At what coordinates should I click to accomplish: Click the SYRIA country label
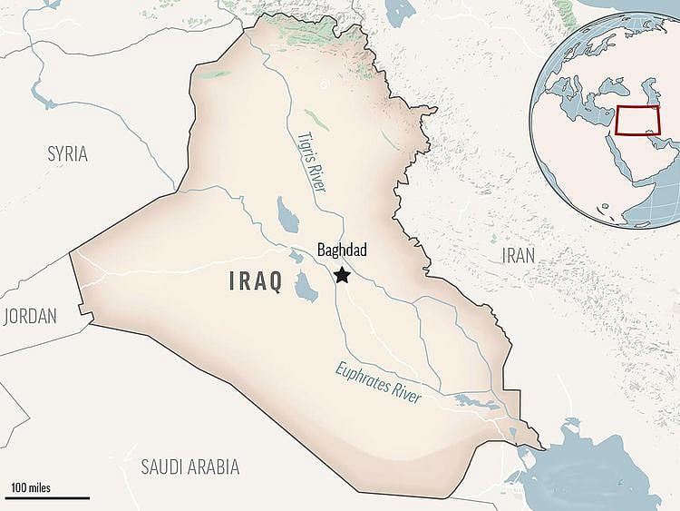67,154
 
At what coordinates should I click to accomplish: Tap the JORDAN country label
29,316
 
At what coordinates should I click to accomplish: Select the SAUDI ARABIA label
189,467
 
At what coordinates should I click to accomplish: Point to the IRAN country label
519,256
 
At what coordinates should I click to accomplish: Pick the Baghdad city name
342,251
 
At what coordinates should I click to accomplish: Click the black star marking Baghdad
342,274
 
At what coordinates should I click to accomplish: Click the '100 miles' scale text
31,488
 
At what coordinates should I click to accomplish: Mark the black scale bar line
50,497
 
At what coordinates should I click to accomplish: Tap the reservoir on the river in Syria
38,91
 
